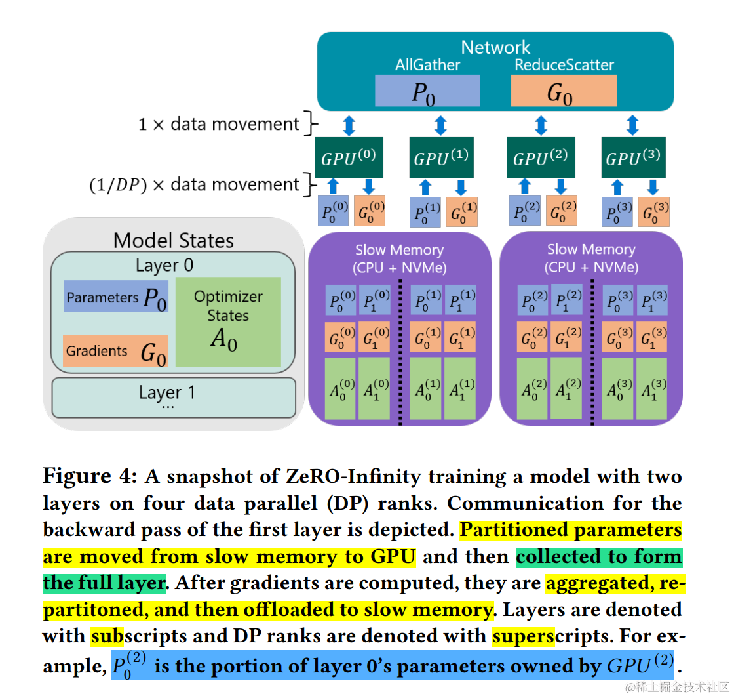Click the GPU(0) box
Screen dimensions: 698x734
pos(349,158)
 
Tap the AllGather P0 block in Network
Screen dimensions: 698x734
pos(427,91)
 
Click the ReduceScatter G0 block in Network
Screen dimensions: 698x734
pos(563,91)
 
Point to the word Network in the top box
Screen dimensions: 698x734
pos(495,47)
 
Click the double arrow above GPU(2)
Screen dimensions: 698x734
pos(541,125)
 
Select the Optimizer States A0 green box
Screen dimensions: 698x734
pos(227,321)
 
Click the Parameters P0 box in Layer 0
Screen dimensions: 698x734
pos(115,297)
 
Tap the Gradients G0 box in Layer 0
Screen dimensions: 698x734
pos(115,351)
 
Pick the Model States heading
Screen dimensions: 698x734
pos(173,240)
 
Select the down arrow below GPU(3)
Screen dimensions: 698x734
pos(651,186)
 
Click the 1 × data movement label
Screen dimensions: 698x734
pos(219,124)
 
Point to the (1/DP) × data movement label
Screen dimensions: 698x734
pos(195,185)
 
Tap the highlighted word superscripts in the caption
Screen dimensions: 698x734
pos(523,636)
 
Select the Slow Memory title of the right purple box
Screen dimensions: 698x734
pos(591,258)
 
